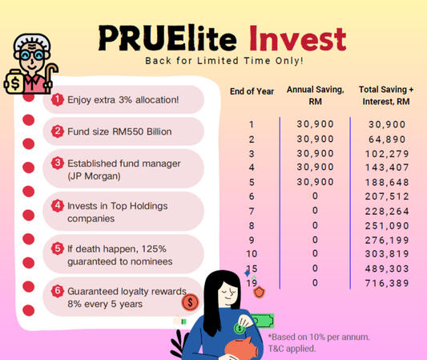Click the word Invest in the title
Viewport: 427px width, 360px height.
(296, 38)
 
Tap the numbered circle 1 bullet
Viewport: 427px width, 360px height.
(58, 99)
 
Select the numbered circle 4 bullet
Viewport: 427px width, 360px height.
(58, 205)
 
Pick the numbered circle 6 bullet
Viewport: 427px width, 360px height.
(58, 292)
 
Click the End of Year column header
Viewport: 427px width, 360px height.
(252, 91)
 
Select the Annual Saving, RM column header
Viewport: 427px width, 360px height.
(314, 95)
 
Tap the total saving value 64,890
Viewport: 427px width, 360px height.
(387, 139)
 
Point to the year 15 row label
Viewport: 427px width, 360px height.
(252, 269)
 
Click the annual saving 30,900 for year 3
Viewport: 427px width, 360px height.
(315, 153)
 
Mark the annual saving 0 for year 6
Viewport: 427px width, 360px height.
(315, 196)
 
